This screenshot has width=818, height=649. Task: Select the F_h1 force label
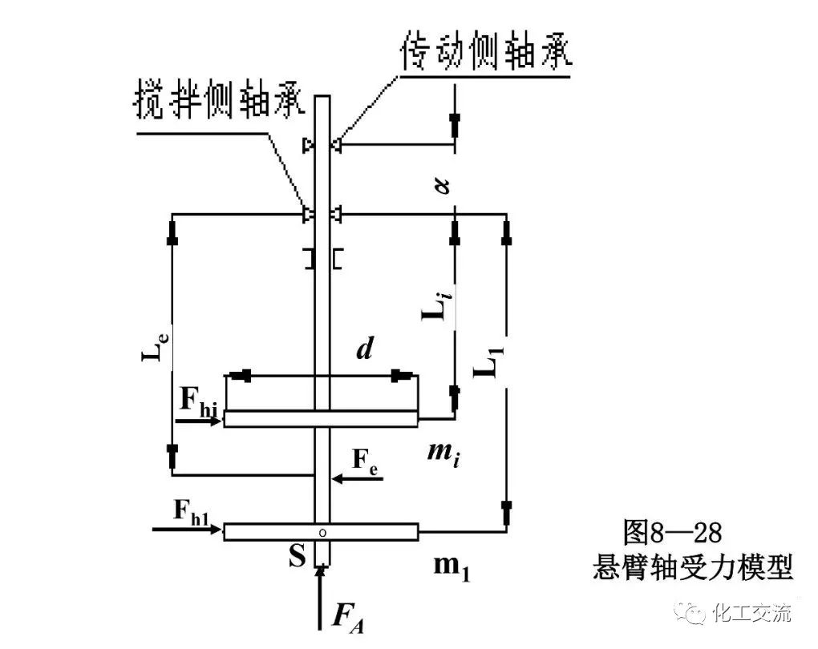coord(190,509)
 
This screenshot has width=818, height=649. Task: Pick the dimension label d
coord(365,350)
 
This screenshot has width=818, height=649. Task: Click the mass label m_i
coord(443,457)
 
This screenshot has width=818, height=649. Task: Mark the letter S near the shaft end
coord(297,557)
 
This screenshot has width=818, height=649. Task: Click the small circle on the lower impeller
coord(322,531)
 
